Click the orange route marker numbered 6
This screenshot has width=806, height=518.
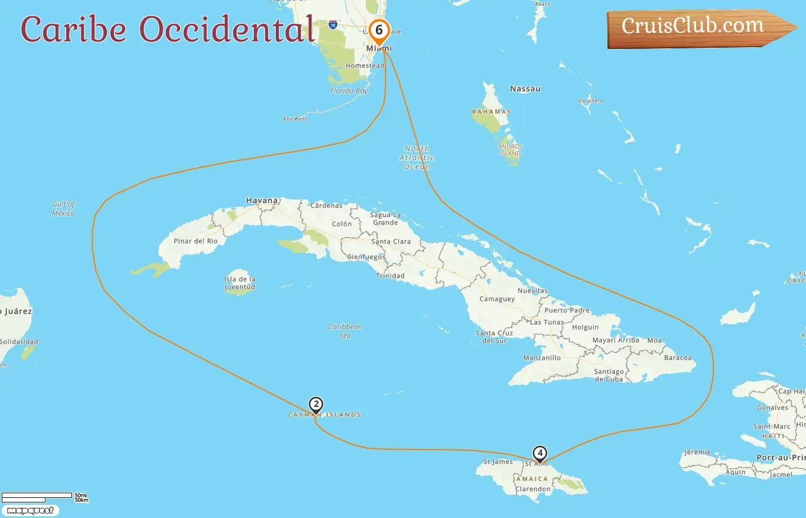(x=379, y=31)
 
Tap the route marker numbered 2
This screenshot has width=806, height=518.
(x=315, y=405)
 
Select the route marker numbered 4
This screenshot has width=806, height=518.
(x=539, y=454)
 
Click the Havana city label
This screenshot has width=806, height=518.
(x=262, y=201)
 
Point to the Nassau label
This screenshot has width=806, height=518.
(x=525, y=89)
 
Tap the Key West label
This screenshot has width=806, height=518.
(x=295, y=119)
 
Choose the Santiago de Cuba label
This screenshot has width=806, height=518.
(x=609, y=375)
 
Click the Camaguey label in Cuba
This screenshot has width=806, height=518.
(x=497, y=299)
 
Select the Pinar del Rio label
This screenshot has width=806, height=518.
(x=196, y=241)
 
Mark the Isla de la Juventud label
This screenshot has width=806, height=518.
(x=239, y=283)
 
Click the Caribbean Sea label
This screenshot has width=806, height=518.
(x=345, y=331)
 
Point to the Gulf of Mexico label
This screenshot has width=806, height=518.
(x=63, y=208)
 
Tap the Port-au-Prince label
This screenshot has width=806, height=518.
(x=781, y=458)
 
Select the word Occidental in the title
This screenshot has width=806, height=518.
(x=227, y=30)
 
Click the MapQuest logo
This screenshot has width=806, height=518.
(x=30, y=511)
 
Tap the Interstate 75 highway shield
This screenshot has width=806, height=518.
(x=333, y=25)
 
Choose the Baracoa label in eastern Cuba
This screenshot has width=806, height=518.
(x=678, y=358)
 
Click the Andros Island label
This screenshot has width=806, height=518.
(x=510, y=150)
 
